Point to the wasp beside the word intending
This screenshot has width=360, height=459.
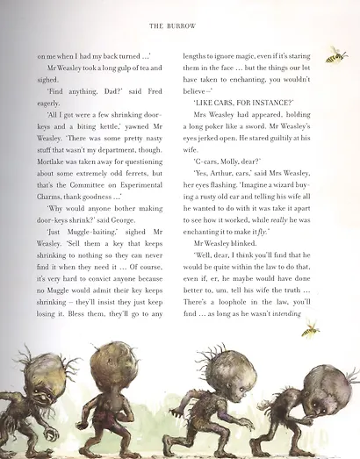point(311,330)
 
